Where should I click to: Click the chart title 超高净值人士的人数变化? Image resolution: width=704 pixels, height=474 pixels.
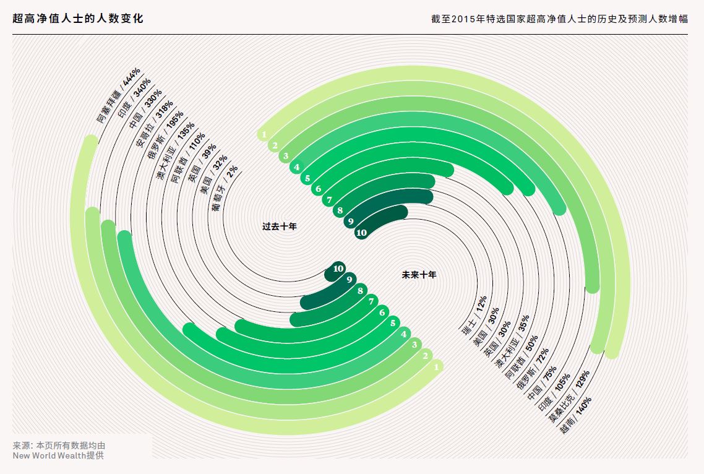(x=78, y=19)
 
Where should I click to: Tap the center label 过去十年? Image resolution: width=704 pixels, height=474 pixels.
(x=280, y=226)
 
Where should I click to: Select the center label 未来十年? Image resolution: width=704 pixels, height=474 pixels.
(x=419, y=275)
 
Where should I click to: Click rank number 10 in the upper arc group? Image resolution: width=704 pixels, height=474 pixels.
(x=361, y=233)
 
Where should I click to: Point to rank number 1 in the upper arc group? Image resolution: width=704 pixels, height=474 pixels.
(x=264, y=134)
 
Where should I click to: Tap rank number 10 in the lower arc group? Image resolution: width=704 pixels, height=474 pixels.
(x=338, y=269)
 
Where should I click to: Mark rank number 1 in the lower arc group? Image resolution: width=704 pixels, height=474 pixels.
(x=437, y=367)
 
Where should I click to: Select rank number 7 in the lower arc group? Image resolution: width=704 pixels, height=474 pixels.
(x=371, y=301)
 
